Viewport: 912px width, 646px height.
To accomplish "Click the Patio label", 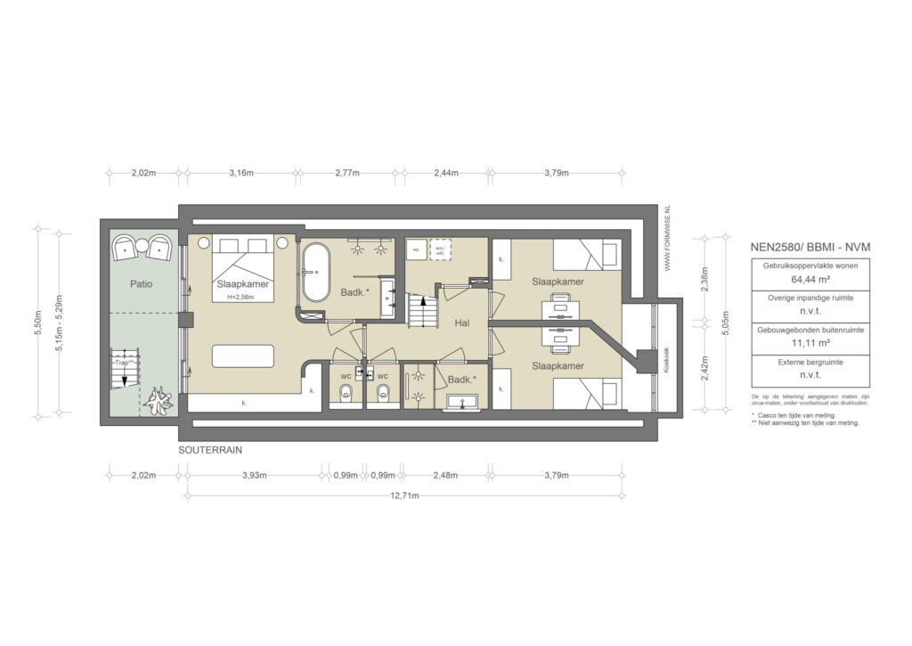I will pos(140,285).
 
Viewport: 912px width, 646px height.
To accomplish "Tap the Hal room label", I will pos(460,323).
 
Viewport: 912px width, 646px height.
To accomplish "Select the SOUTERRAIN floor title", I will pos(210,451).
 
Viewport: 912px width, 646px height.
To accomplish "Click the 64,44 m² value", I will pos(796,278).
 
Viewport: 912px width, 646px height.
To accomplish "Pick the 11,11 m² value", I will pos(796,342).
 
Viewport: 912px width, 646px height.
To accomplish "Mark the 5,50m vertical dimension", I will pos(37,320).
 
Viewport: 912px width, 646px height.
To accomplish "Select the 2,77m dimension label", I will pos(347,173).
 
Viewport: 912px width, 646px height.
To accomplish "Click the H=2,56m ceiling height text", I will pos(242,297).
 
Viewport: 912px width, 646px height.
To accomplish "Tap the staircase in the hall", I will pos(421,312).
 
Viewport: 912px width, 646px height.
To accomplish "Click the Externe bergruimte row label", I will pos(796,363).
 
